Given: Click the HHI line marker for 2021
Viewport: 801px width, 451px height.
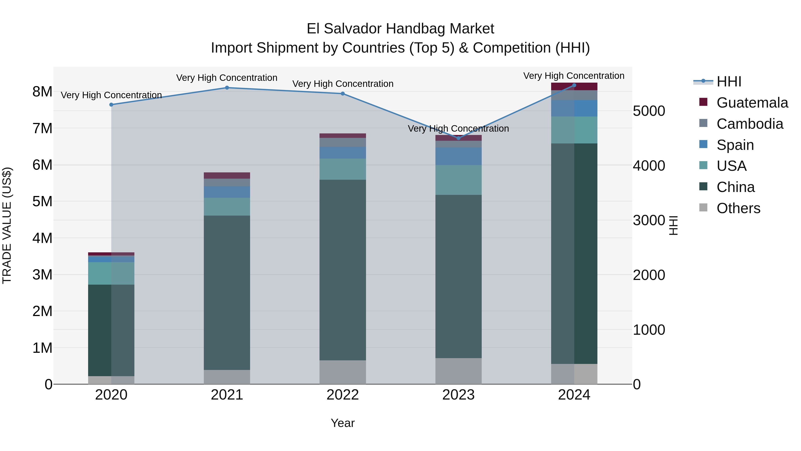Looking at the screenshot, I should pyautogui.click(x=227, y=88).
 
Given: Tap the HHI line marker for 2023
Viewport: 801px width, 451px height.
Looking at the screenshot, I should pyautogui.click(x=458, y=138).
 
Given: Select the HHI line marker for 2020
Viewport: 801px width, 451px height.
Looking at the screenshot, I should pyautogui.click(x=111, y=105).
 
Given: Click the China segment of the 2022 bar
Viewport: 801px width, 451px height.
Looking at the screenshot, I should pyautogui.click(x=343, y=270).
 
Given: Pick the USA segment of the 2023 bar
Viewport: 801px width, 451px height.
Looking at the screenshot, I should pyautogui.click(x=458, y=180).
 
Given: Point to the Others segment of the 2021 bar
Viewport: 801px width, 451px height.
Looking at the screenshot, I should pyautogui.click(x=227, y=377).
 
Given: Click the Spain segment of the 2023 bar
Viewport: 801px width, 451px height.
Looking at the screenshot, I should pyautogui.click(x=458, y=156).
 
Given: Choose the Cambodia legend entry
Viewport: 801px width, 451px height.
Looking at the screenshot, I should pyautogui.click(x=750, y=124).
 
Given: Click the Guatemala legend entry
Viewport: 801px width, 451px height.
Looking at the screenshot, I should pyautogui.click(x=752, y=103).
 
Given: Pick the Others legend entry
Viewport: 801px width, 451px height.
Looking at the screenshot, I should pyautogui.click(x=738, y=208).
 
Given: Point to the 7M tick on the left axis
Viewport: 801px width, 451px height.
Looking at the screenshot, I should pyautogui.click(x=42, y=129).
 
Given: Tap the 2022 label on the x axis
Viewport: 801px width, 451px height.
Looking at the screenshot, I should pyautogui.click(x=343, y=395).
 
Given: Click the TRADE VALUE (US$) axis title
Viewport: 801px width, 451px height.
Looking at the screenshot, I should pyautogui.click(x=7, y=225).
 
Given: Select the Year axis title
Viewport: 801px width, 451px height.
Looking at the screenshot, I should pyautogui.click(x=343, y=423).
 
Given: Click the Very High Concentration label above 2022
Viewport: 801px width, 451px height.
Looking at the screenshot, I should pyautogui.click(x=343, y=84).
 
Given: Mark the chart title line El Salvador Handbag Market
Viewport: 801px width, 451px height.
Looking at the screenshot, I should pyautogui.click(x=400, y=29).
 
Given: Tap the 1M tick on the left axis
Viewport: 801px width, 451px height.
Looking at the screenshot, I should pyautogui.click(x=42, y=348).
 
